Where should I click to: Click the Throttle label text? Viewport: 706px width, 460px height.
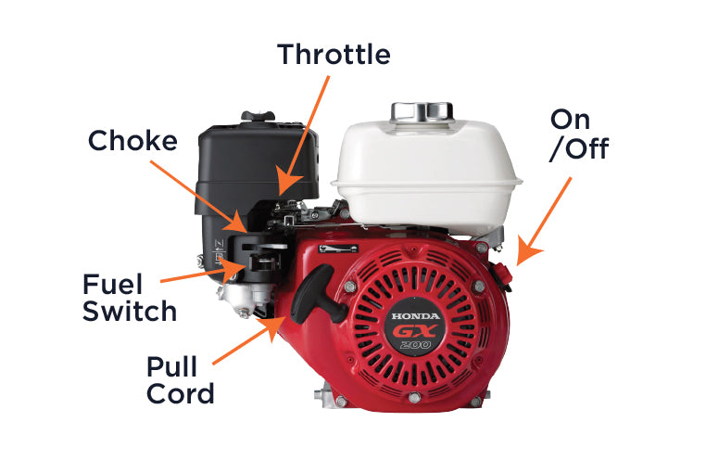[x=334, y=54]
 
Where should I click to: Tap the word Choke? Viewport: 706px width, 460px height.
[x=132, y=140]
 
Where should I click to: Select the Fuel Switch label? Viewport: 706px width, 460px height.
[x=130, y=298]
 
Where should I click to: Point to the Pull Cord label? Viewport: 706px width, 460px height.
[x=180, y=380]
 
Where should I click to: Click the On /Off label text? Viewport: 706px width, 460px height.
[x=579, y=134]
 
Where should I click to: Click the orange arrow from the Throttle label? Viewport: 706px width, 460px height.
[x=304, y=135]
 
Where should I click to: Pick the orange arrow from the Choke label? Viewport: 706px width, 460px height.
[x=198, y=197]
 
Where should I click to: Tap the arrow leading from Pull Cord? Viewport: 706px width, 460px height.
[x=249, y=340]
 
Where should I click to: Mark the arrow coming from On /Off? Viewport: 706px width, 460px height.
[x=544, y=222]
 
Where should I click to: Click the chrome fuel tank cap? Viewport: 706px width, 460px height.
[x=422, y=112]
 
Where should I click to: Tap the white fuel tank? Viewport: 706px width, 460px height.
[x=426, y=175]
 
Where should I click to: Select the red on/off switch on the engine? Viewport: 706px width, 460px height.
[x=501, y=274]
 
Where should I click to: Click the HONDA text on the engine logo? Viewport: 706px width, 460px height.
[x=415, y=316]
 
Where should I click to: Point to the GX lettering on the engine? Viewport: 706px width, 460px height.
[x=414, y=333]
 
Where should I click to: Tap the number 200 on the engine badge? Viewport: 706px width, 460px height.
[x=415, y=346]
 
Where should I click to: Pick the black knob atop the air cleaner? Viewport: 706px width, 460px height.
[x=258, y=116]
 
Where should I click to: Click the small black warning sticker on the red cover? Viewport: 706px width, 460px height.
[x=338, y=249]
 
